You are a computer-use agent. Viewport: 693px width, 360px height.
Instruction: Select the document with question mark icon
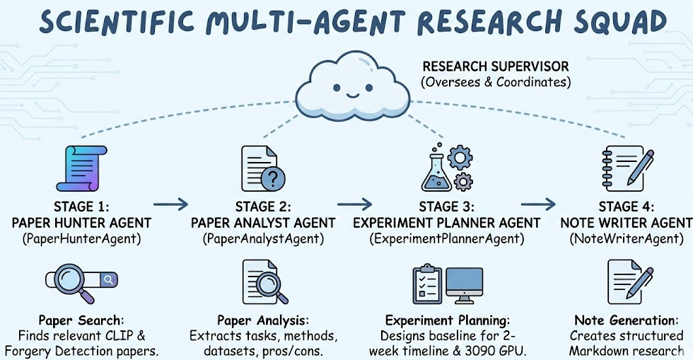pos(260,169)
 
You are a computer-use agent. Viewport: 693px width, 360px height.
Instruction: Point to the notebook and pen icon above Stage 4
pos(626,168)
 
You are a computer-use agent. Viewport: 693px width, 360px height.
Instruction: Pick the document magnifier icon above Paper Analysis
pos(260,281)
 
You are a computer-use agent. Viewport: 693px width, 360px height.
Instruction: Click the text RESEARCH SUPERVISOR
pos(495,67)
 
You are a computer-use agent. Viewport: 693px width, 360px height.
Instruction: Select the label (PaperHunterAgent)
pos(81,239)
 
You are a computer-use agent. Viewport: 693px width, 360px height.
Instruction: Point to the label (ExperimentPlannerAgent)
pos(447,239)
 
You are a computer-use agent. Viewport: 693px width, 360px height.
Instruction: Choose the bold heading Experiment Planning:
pos(448,320)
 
